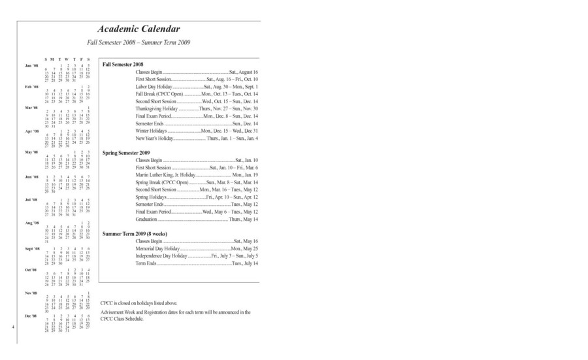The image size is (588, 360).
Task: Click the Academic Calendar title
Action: coord(139,29)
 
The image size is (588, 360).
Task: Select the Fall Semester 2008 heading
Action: coord(123,64)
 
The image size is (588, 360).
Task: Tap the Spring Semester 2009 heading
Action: coord(126,153)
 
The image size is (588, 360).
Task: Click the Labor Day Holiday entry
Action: coord(197,87)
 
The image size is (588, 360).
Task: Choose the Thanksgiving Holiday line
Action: coord(197,108)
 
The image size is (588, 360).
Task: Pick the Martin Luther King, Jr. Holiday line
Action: coord(197,175)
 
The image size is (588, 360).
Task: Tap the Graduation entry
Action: coord(197,220)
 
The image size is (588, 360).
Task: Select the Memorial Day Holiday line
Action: coord(197,249)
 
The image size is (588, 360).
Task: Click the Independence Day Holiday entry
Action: coord(197,256)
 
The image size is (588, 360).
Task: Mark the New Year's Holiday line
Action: coord(197,139)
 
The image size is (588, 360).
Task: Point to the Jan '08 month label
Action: coord(32,66)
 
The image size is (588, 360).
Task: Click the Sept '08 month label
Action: coord(33,249)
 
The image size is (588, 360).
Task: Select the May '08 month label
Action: coord(32,152)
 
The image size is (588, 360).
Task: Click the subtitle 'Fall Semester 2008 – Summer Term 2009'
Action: coord(139,42)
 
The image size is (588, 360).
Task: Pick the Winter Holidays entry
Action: coord(197,131)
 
